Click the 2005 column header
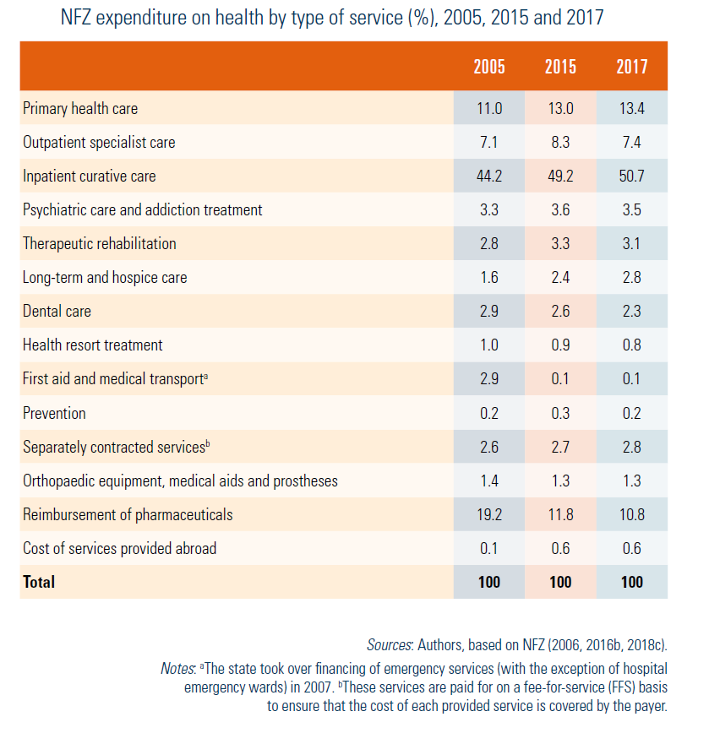[x=488, y=67]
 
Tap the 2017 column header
[x=631, y=67]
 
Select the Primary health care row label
[x=80, y=109]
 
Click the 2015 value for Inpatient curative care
[x=560, y=176]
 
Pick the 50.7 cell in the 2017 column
[x=631, y=176]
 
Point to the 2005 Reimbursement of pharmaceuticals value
[x=488, y=514]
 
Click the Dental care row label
[x=57, y=312]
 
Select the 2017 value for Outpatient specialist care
[x=631, y=143]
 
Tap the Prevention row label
[x=54, y=413]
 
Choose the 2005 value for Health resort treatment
[x=488, y=345]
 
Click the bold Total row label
[x=39, y=582]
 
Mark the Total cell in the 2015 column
[x=560, y=582]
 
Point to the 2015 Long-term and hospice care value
[x=560, y=278]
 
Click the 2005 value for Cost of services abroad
[x=488, y=548]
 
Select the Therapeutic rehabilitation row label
[x=100, y=244]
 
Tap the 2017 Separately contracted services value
[x=631, y=447]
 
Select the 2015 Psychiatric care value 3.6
[x=560, y=210]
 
